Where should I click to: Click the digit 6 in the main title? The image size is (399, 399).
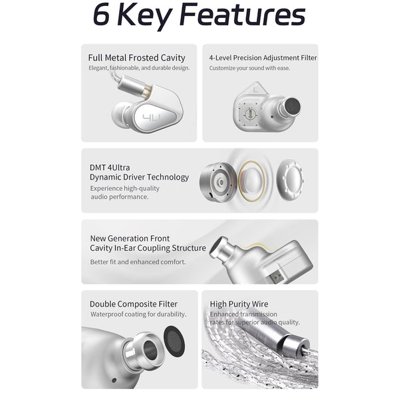pos(101,15)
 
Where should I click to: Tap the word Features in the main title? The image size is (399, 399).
pos(242,14)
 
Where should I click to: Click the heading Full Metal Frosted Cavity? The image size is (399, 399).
pos(136,58)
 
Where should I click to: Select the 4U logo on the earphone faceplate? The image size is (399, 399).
pos(152,118)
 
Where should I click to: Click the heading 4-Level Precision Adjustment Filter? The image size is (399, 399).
pos(263,58)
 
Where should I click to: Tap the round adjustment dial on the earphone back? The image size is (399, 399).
pos(250,114)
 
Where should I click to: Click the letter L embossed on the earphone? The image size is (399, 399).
pos(256,90)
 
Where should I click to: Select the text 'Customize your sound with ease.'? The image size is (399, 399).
pos(249,68)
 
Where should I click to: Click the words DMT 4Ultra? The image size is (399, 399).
pos(110,168)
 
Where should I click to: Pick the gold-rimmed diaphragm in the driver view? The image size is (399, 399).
pos(251,181)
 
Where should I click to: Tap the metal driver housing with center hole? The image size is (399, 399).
pos(219,182)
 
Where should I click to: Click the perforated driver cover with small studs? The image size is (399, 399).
pos(290,180)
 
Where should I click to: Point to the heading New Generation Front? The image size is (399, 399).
pos(130,239)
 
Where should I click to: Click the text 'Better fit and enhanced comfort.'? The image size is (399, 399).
pos(138,262)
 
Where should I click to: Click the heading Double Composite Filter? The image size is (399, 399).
pos(134,304)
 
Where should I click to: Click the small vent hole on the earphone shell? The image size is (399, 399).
pos(114,380)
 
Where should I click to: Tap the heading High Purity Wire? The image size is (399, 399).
pos(239,304)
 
